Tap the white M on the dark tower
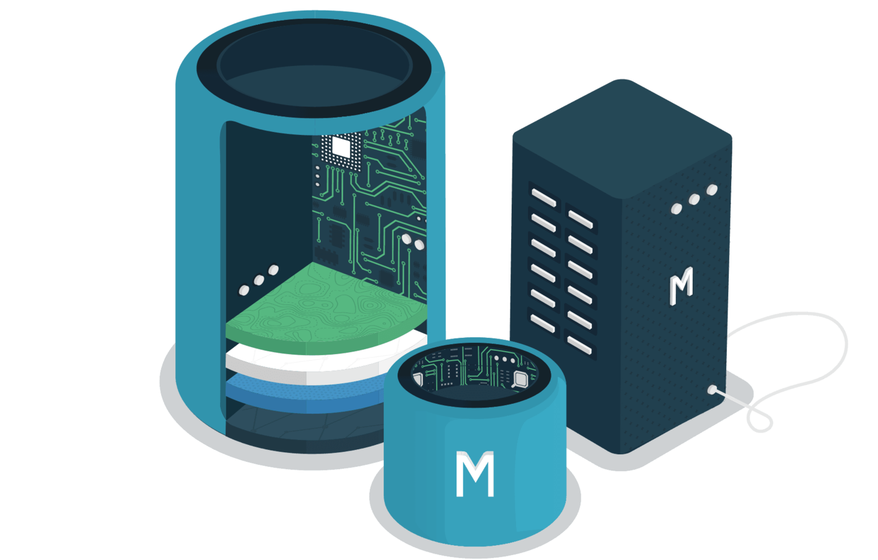pyautogui.click(x=681, y=286)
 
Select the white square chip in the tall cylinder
pyautogui.click(x=341, y=147)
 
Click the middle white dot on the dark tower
pyautogui.click(x=694, y=199)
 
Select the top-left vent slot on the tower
pyautogui.click(x=543, y=198)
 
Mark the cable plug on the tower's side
pyautogui.click(x=713, y=391)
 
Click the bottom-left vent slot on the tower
pyautogui.click(x=543, y=322)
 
